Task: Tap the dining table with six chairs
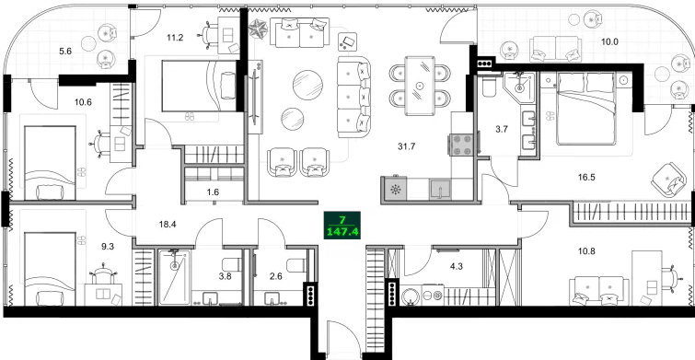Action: [x=421, y=86]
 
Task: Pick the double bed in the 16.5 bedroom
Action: [x=587, y=112]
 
